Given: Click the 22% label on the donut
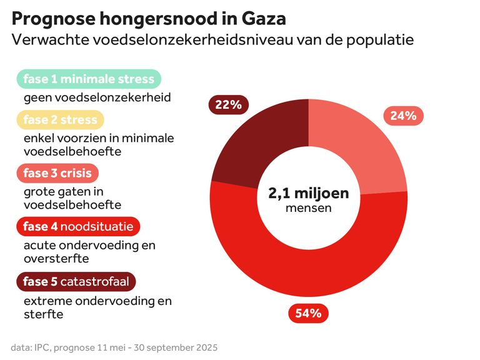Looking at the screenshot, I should click(228, 104).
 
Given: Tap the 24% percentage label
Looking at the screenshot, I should click(403, 115).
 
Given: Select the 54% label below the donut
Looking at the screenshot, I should click(308, 312).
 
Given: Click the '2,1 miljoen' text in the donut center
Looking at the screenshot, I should click(309, 193).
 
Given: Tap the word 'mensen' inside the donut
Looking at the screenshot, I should click(309, 208).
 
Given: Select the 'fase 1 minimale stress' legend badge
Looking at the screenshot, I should click(89, 79).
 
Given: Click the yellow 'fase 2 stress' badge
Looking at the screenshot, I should click(60, 119).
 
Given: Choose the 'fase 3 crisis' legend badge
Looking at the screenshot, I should click(57, 173).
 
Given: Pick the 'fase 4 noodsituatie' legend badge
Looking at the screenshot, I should click(78, 226).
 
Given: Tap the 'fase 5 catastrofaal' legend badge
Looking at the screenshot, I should click(76, 282).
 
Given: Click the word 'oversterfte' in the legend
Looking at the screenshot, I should click(56, 258).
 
